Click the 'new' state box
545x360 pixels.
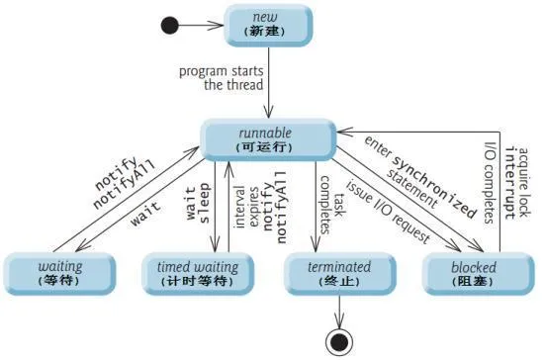coord(268,26)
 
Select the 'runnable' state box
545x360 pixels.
coord(268,139)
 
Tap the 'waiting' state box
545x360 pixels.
coord(59,274)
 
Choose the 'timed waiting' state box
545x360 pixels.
coord(198,274)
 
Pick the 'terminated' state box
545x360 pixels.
coord(339,274)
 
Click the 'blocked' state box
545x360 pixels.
coord(478,274)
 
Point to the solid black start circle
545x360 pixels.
coord(170,26)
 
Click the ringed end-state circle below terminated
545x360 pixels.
coord(339,342)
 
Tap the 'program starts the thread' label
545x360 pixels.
coord(222,78)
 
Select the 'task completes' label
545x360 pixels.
coord(332,205)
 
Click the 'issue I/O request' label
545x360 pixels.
coord(388,212)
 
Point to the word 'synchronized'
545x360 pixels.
coord(434,187)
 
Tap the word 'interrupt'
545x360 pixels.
coord(510,183)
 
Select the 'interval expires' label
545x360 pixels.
coord(246,207)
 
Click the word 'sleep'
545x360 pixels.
coord(204,203)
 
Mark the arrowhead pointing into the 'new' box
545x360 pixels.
coord(217,26)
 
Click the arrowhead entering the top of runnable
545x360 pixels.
coord(268,112)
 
